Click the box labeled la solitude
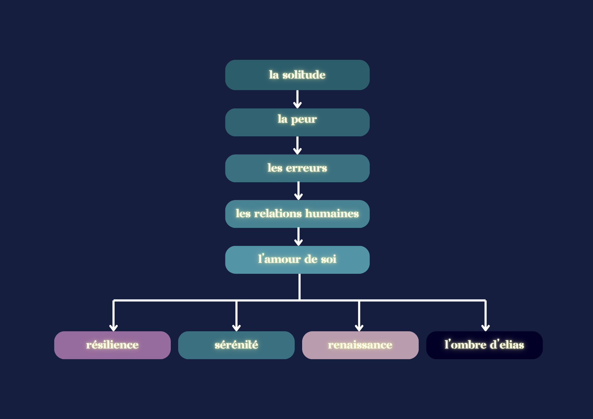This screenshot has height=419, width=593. [x=297, y=75]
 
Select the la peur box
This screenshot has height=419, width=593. [x=297, y=122]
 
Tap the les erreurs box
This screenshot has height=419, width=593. [x=297, y=168]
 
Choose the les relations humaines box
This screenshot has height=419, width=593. [x=297, y=214]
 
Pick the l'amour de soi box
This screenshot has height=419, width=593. [x=297, y=260]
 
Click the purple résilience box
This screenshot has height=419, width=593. [x=112, y=345]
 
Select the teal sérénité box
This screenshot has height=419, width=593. [x=236, y=345]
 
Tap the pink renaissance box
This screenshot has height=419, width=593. [x=360, y=345]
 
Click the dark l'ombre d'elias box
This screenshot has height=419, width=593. [x=484, y=345]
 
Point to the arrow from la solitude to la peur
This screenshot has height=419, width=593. [x=297, y=99]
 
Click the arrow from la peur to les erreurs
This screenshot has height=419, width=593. [x=297, y=145]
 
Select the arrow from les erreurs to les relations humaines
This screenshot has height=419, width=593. [x=299, y=191]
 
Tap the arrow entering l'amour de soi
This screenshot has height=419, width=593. [x=299, y=237]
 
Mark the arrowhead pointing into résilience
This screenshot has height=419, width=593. [x=114, y=328]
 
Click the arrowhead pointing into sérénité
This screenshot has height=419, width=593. [x=236, y=328]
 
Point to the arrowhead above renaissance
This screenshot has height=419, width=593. [x=359, y=328]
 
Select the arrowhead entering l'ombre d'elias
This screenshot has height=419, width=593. [x=485, y=328]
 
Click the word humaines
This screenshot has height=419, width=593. [x=332, y=213]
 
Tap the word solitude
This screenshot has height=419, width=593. [x=304, y=75]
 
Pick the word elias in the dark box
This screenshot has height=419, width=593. [x=512, y=345]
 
